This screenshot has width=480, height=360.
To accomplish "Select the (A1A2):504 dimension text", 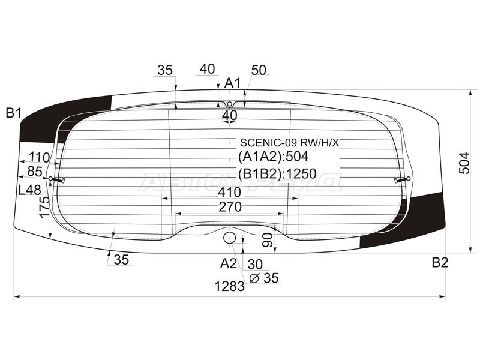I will tap(273, 157).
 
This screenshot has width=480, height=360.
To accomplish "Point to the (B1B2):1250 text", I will tap(277, 175).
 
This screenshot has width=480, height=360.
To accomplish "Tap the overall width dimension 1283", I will tap(230, 287).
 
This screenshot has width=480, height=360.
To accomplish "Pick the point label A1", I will tap(232, 83).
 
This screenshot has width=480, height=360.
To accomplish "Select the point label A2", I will tap(229, 263).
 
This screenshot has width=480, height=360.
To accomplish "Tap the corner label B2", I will tap(440, 262).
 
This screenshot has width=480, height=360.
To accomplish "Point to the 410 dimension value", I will tap(230, 193).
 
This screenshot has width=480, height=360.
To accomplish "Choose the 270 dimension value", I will tap(230, 207).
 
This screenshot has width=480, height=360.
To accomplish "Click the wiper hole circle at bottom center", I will tap(229, 238).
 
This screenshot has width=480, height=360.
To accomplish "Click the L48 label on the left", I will tap(29, 190).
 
